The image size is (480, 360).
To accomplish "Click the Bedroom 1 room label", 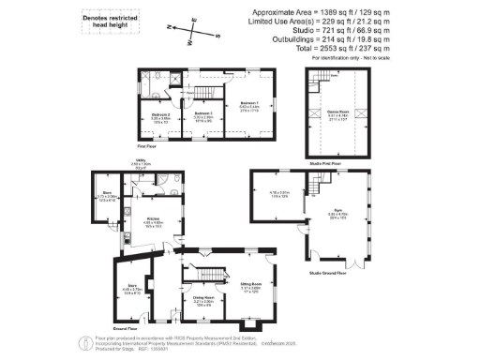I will click(248, 104).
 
